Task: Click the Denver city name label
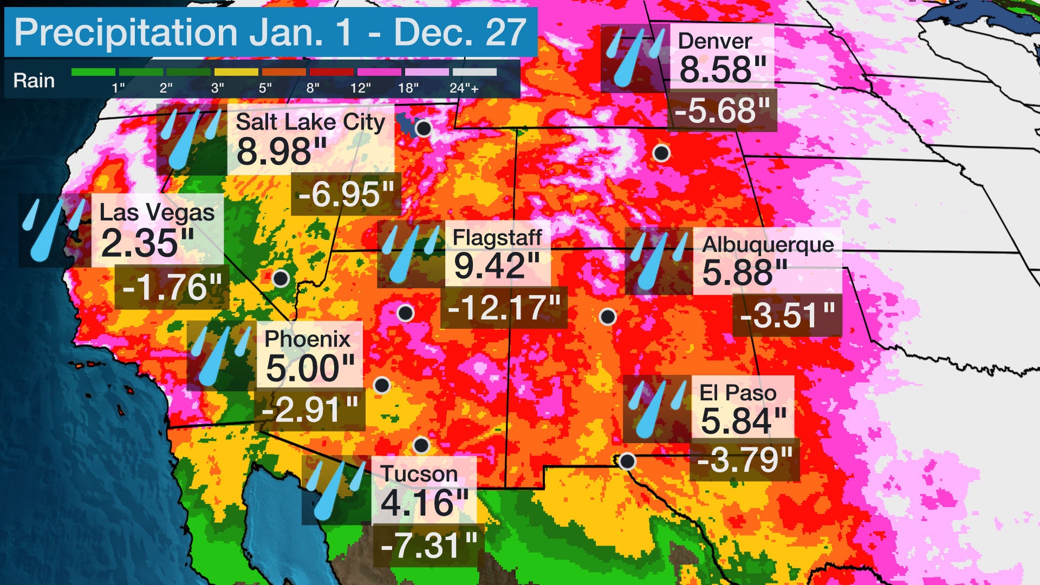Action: tap(714, 41)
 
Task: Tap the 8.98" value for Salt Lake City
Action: tap(282, 152)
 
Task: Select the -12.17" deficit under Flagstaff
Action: tap(504, 308)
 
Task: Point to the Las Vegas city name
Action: tap(157, 212)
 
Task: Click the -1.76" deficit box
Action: tap(172, 287)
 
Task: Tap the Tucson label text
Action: tap(419, 473)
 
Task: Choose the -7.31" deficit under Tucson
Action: tap(428, 545)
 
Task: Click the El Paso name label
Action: tap(738, 393)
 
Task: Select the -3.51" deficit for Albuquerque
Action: tap(787, 315)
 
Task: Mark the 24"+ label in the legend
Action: tap(464, 88)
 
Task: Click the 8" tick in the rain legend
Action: tap(313, 88)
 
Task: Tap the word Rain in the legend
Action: tap(34, 81)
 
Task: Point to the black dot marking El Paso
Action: tap(627, 461)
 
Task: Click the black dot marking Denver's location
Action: tap(661, 153)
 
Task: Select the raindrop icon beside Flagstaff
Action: tap(410, 253)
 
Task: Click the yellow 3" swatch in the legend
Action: tap(236, 72)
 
